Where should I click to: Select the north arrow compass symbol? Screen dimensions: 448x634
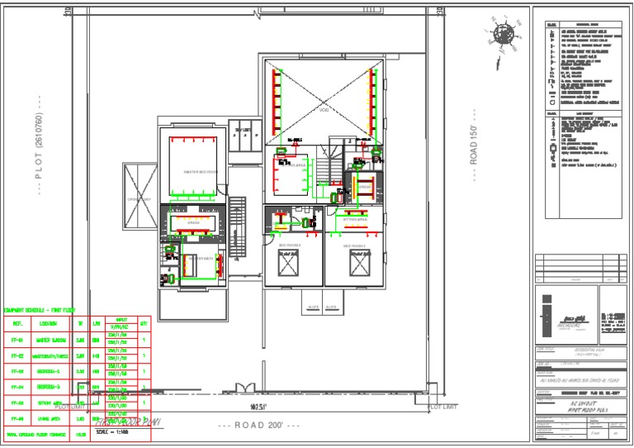click(503, 35)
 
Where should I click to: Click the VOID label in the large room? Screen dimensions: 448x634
click(324, 109)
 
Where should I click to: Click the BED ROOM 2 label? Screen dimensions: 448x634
click(289, 245)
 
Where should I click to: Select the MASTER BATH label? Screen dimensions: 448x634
click(199, 258)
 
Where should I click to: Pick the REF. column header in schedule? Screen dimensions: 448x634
click(17, 322)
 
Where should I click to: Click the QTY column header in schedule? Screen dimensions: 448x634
click(144, 322)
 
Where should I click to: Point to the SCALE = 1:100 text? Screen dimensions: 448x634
click(113, 431)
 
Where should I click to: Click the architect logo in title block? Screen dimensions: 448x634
click(565, 318)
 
